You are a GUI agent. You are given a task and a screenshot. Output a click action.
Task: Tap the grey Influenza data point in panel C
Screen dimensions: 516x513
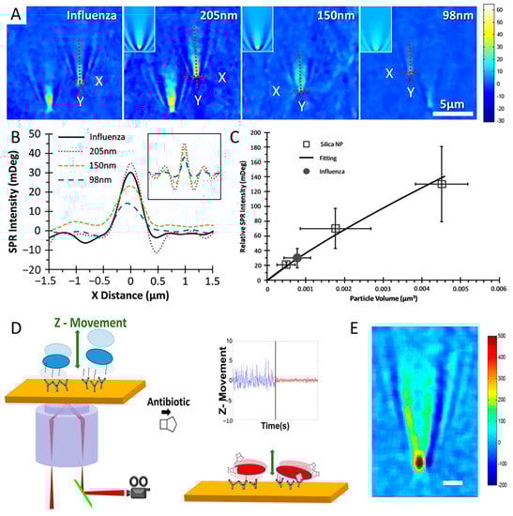(x=297, y=257)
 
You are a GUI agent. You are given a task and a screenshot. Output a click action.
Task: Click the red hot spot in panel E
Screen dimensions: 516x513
(x=419, y=461)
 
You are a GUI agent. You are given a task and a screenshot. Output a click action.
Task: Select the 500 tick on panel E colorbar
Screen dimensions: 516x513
(x=498, y=335)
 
